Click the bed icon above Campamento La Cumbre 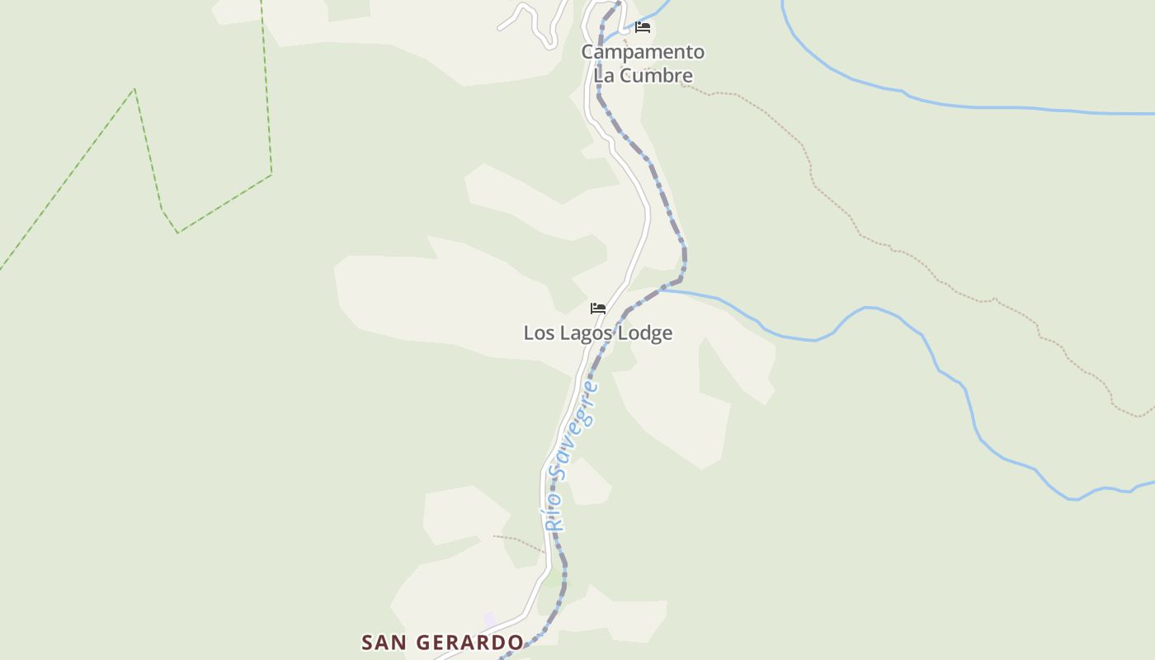tap(643, 27)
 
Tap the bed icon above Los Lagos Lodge tap(598, 309)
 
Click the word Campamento tap(643, 52)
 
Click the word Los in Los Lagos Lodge tap(538, 333)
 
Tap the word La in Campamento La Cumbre tap(605, 76)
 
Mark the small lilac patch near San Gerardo tap(490, 619)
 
